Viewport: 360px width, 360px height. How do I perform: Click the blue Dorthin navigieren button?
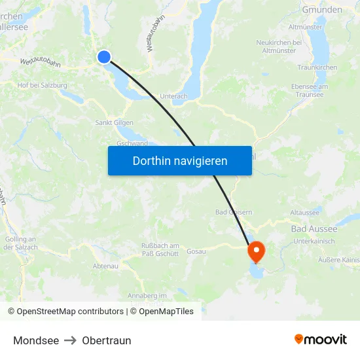tap(180, 160)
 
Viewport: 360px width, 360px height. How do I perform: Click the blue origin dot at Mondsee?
tap(104, 57)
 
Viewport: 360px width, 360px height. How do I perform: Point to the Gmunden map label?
tap(322, 10)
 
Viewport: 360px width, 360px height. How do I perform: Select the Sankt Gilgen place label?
tap(115, 122)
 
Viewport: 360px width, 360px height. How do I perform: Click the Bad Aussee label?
tap(314, 228)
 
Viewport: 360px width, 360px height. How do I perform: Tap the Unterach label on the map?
tap(173, 96)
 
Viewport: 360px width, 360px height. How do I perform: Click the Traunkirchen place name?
tap(317, 67)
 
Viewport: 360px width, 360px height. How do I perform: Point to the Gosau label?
tap(196, 251)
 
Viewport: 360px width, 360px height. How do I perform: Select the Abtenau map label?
tap(105, 266)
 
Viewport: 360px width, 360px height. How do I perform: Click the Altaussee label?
tap(304, 213)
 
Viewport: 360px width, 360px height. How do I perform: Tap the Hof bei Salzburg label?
tap(43, 85)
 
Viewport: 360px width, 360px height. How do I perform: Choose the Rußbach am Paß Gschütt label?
tap(160, 249)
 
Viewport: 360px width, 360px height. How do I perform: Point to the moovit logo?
tap(321, 339)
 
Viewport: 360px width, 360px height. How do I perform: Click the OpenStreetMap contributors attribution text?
tap(65, 312)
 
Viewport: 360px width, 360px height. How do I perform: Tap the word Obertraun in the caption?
tap(107, 340)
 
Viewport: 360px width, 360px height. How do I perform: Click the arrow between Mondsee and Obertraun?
tap(71, 340)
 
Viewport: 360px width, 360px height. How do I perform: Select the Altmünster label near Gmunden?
tap(305, 27)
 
